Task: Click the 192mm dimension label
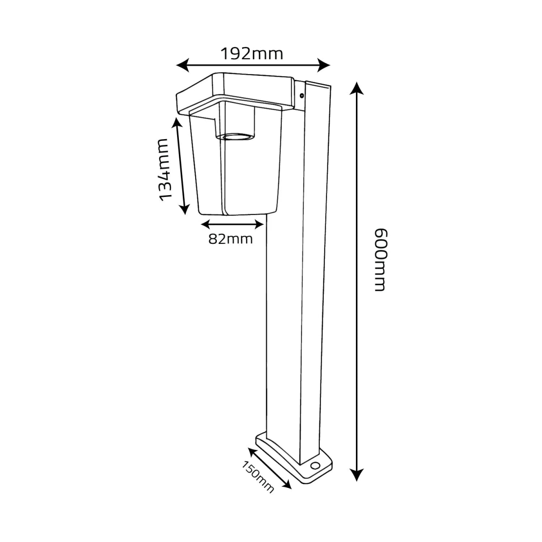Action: click(x=252, y=54)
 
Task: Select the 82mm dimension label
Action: click(x=230, y=239)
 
